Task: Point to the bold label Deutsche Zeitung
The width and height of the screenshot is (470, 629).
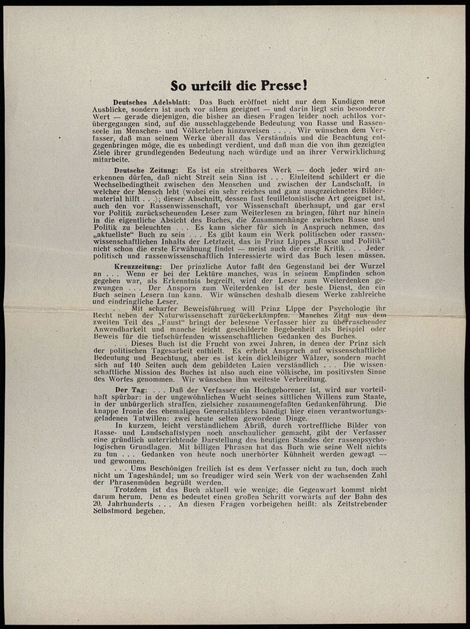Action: coord(146,170)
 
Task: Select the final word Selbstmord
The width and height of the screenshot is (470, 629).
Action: coord(135,511)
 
